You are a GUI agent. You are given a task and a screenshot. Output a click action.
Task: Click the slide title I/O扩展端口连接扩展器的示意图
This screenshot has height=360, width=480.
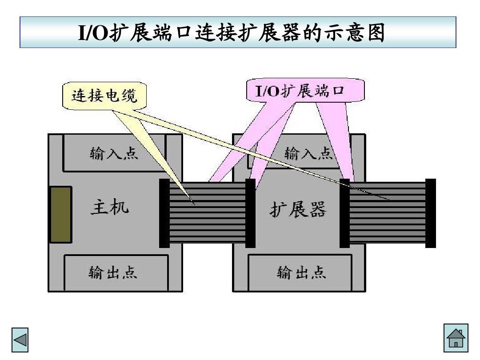coord(232,33)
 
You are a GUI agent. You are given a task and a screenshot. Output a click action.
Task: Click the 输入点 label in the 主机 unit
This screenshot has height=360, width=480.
coord(114,154)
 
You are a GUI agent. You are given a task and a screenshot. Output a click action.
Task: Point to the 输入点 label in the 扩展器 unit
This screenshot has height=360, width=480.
coord(308,154)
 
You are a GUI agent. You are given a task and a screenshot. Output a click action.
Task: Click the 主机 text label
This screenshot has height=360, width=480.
coord(110,207)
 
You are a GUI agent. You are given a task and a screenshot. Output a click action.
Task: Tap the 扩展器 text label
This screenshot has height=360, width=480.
coord(298,209)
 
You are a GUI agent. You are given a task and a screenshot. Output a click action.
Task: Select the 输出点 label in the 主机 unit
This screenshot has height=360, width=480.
coord(113,272)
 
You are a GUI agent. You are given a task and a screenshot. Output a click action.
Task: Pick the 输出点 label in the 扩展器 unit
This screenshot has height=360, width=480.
coord(302,272)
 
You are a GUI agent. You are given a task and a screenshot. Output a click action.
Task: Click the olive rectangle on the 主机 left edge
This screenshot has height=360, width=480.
coord(60,215)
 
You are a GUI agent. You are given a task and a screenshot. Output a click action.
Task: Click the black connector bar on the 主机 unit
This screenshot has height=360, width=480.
coord(164,213)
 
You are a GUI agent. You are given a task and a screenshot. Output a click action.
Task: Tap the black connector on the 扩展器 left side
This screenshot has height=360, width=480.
coord(250,213)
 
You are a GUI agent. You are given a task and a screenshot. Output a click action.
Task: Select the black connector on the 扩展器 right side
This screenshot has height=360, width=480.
coord(344,213)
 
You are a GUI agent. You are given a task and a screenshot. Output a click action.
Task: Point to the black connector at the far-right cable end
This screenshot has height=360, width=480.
coord(430,213)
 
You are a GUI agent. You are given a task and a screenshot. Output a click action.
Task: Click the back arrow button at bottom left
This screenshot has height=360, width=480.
coord(20,340)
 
